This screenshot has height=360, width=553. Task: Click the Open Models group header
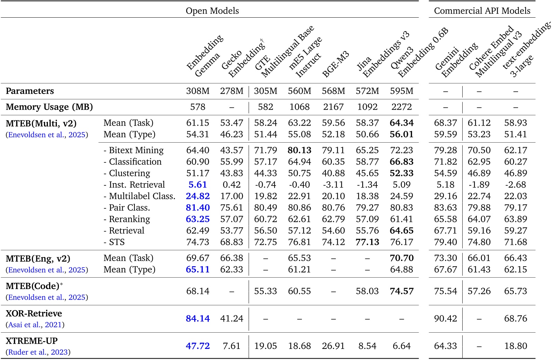(x=212, y=11)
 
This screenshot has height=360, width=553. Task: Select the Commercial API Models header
(x=482, y=11)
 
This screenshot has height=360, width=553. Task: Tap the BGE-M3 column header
(x=335, y=64)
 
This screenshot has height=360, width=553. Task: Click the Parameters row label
(x=30, y=91)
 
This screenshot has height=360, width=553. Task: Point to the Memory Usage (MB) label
(x=49, y=107)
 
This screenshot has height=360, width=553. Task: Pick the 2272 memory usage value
(x=401, y=107)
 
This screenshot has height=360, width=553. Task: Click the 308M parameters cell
(x=198, y=91)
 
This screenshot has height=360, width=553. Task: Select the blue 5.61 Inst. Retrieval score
(x=198, y=184)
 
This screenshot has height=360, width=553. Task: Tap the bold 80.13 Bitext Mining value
(x=300, y=150)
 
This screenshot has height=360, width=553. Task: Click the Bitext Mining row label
(x=134, y=150)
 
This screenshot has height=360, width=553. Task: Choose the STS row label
(x=114, y=242)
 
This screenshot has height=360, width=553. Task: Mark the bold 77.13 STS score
(x=367, y=242)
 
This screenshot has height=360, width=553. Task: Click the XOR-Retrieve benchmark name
(x=34, y=313)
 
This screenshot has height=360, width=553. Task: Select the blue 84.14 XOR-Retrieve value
(x=198, y=318)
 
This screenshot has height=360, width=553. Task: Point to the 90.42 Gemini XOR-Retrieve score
(x=445, y=318)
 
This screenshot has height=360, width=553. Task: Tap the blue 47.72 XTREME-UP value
(x=198, y=346)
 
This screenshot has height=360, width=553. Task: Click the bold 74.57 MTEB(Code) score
(x=401, y=291)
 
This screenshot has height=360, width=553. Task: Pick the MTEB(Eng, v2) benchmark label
(x=38, y=259)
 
